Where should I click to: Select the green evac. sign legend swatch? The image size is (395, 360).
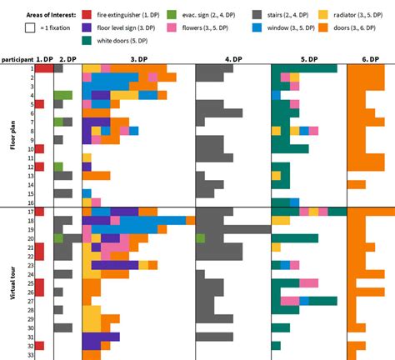(x=171, y=16)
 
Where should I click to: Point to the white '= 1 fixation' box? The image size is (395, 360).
(x=30, y=27)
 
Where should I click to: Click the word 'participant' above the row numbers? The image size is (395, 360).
(x=17, y=60)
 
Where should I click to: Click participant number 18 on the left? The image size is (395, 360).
(x=30, y=220)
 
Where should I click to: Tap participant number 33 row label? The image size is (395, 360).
(x=30, y=355)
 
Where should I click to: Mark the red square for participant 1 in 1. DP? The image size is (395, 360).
(x=39, y=68)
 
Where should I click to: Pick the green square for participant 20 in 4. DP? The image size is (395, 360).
(x=200, y=238)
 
